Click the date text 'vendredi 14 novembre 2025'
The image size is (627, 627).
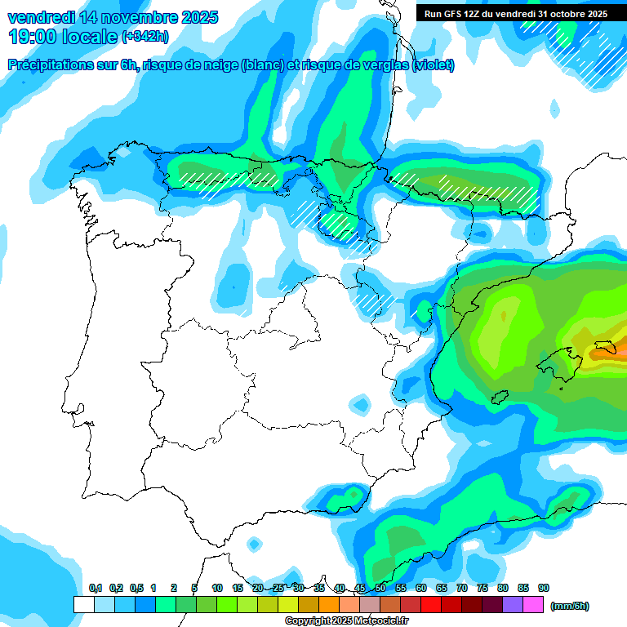(113, 17)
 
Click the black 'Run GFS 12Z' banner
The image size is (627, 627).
(513, 14)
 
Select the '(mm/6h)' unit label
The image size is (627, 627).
(569, 606)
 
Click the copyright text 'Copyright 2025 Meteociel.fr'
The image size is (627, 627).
(346, 621)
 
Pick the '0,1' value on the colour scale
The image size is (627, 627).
(95, 588)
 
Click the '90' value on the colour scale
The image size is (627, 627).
(544, 588)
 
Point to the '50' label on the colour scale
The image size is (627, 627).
(380, 588)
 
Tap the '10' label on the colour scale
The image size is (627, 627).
(217, 588)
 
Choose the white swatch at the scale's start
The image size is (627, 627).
(83, 604)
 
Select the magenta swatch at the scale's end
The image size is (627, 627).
(533, 604)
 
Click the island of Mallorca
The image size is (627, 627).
(561, 359)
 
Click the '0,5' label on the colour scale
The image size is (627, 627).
(136, 588)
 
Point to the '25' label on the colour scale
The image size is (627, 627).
(278, 588)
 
